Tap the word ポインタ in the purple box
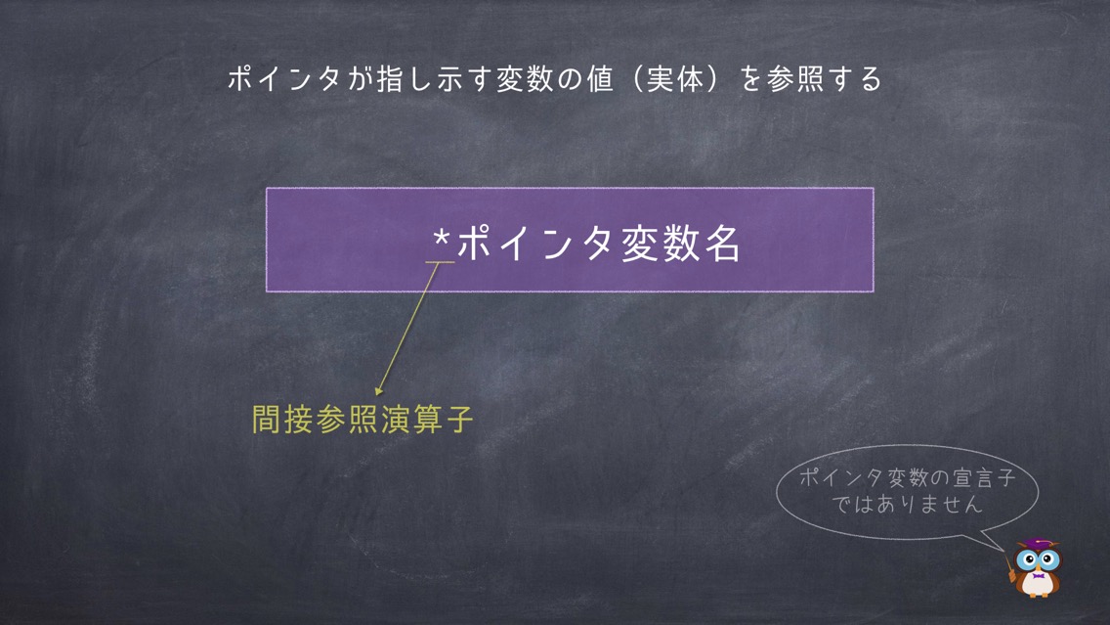pos(535,243)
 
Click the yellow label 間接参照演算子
pos(363,419)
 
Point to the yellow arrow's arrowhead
pos(379,389)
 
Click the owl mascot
pos(1037,567)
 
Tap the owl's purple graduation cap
pos(1038,544)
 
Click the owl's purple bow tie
pos(1038,576)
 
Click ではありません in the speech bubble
pos(907,505)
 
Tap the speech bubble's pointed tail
pos(1003,549)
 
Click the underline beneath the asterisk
pos(440,262)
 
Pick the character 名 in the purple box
pos(722,243)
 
